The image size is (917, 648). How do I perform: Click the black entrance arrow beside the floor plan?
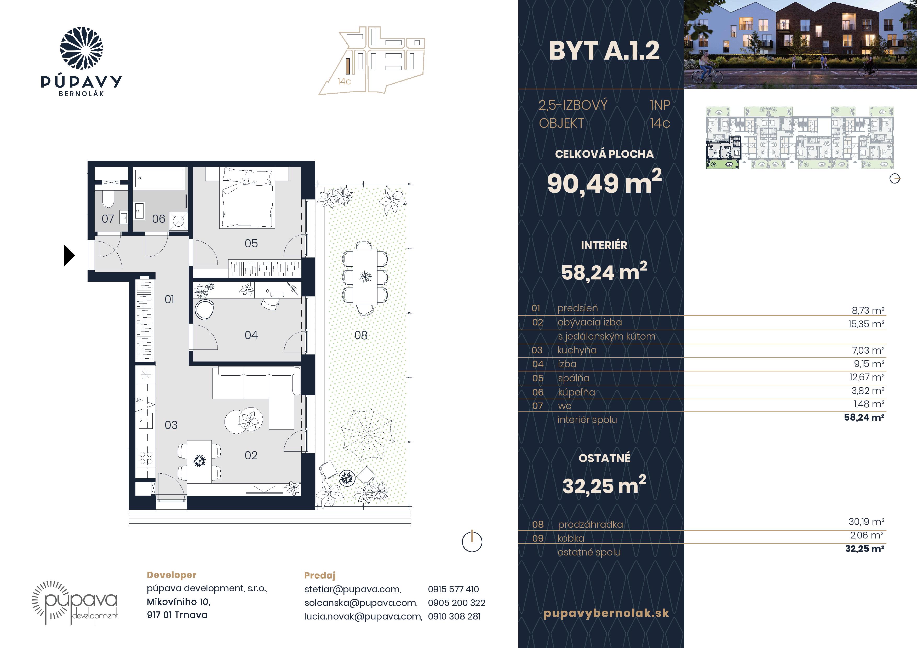[69, 255]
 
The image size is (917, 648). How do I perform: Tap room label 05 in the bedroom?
[251, 243]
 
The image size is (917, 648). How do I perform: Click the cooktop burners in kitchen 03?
[146, 457]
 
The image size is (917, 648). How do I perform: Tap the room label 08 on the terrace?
[361, 335]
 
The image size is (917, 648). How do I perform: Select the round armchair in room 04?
[204, 310]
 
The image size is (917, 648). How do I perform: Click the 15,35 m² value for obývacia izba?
[866, 324]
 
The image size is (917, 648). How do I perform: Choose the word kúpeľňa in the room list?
[576, 392]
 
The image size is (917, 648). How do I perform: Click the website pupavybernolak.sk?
[606, 613]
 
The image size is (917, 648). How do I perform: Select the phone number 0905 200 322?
[456, 603]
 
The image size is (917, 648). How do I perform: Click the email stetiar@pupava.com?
[353, 589]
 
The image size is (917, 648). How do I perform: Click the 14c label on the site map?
[344, 82]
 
